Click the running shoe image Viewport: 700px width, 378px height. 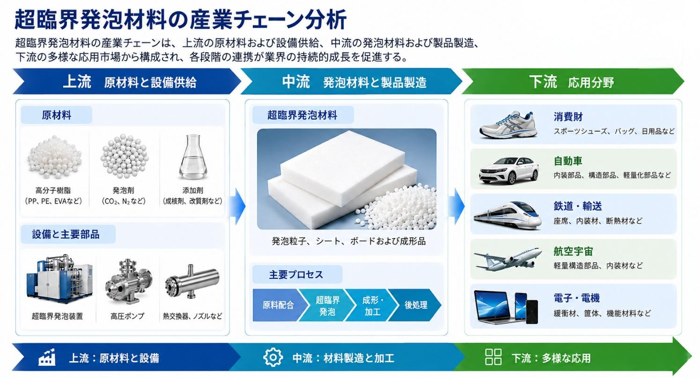pos(508,124)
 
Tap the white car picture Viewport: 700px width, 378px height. pos(509,170)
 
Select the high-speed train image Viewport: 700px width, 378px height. pos(508,216)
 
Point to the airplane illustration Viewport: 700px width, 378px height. pos(508,259)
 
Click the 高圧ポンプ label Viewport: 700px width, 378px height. pos(127,316)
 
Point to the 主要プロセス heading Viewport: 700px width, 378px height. pos(296,274)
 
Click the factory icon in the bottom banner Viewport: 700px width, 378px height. pos(47,357)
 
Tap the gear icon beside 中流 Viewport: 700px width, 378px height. pos(273,357)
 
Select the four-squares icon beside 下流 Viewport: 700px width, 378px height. pos(493,357)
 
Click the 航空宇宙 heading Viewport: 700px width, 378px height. pos(573,251)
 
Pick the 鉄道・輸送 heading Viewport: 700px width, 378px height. pos(577,206)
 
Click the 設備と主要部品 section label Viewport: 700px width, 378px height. pos(66,234)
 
